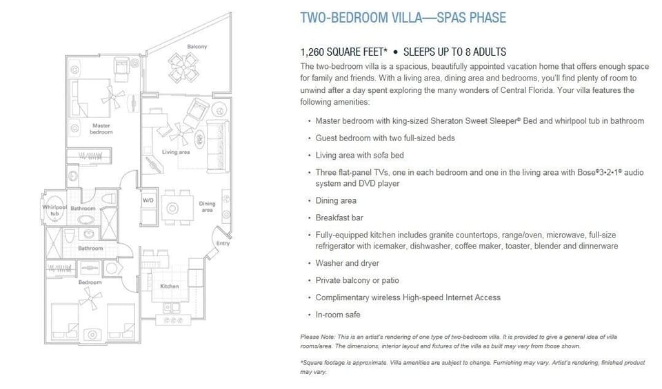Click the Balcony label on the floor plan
197,47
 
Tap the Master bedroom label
101,129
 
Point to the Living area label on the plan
175,152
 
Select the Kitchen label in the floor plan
170,286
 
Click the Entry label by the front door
223,243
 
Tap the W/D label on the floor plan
148,200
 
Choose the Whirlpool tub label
54,210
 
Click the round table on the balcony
183,69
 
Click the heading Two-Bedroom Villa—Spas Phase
403,18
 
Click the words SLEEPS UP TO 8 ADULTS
454,52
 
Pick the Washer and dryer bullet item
347,263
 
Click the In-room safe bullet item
338,315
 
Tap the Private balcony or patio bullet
357,280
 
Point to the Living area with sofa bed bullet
359,155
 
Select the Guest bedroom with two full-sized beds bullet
385,138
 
